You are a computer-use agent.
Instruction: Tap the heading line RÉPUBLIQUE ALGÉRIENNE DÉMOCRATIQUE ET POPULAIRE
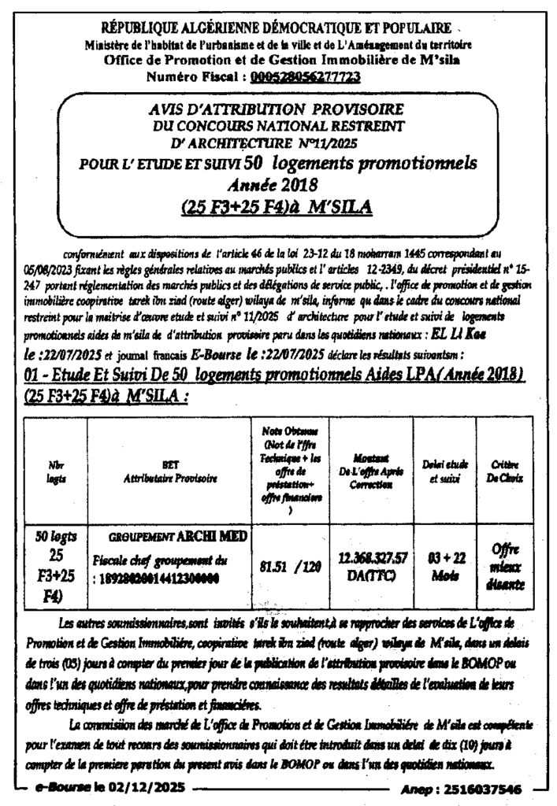point(277,29)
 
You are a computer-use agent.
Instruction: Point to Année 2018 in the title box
point(271,186)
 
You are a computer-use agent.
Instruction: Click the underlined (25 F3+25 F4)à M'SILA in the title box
point(276,207)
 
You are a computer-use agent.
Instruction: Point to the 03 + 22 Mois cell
point(444,564)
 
